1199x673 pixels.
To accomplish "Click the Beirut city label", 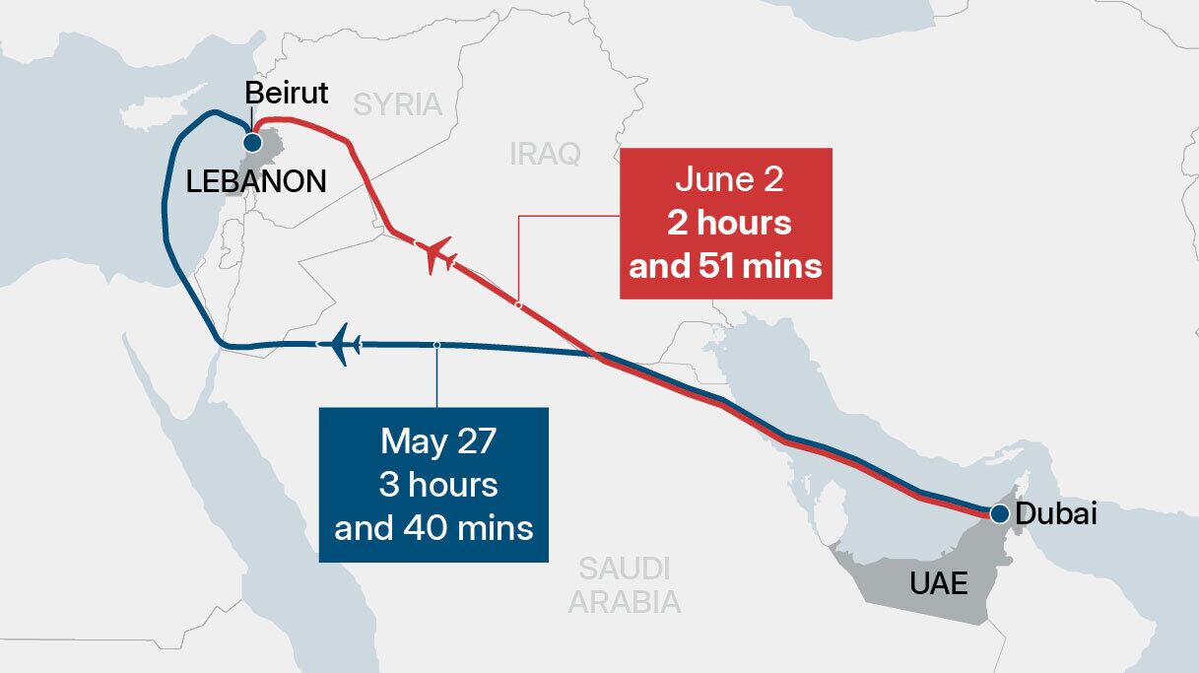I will [286, 95].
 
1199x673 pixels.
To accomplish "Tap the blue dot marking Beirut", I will [253, 143].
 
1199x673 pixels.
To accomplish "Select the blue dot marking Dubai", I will [999, 513].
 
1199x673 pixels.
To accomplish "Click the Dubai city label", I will [1054, 513].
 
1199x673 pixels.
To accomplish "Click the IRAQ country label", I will [546, 154].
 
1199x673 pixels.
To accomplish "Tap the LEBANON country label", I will [257, 181].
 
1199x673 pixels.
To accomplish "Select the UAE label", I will [938, 583].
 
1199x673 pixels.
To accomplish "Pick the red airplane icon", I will [438, 255].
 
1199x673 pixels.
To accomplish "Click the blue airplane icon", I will [340, 345].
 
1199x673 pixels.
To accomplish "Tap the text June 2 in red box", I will [725, 180].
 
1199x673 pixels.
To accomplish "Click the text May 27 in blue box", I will [433, 440].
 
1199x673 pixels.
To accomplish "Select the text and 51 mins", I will [726, 266].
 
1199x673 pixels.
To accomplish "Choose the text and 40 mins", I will [433, 527].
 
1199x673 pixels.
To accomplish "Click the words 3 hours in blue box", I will [434, 485].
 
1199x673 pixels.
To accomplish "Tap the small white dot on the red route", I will [518, 304].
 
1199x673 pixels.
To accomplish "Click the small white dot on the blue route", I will [436, 345].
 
